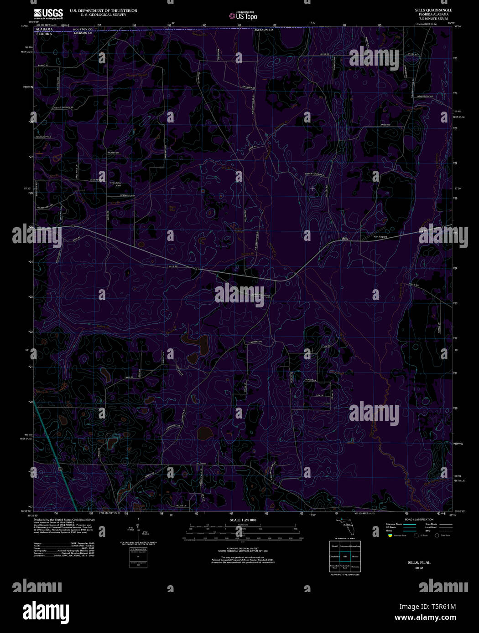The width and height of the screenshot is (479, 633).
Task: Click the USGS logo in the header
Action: click(48, 13)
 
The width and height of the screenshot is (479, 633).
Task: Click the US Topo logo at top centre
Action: click(243, 16)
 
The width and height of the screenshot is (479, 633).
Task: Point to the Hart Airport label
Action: click(380, 237)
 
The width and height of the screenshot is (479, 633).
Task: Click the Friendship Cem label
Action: click(116, 184)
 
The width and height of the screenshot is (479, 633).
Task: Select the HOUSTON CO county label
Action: click(83, 29)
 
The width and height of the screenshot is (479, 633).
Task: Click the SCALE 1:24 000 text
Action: click(243, 520)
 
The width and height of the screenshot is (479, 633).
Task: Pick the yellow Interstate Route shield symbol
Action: click(390, 536)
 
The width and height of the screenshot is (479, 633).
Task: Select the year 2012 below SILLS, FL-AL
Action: click(419, 568)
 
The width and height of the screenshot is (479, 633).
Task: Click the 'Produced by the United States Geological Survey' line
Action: click(64, 519)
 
